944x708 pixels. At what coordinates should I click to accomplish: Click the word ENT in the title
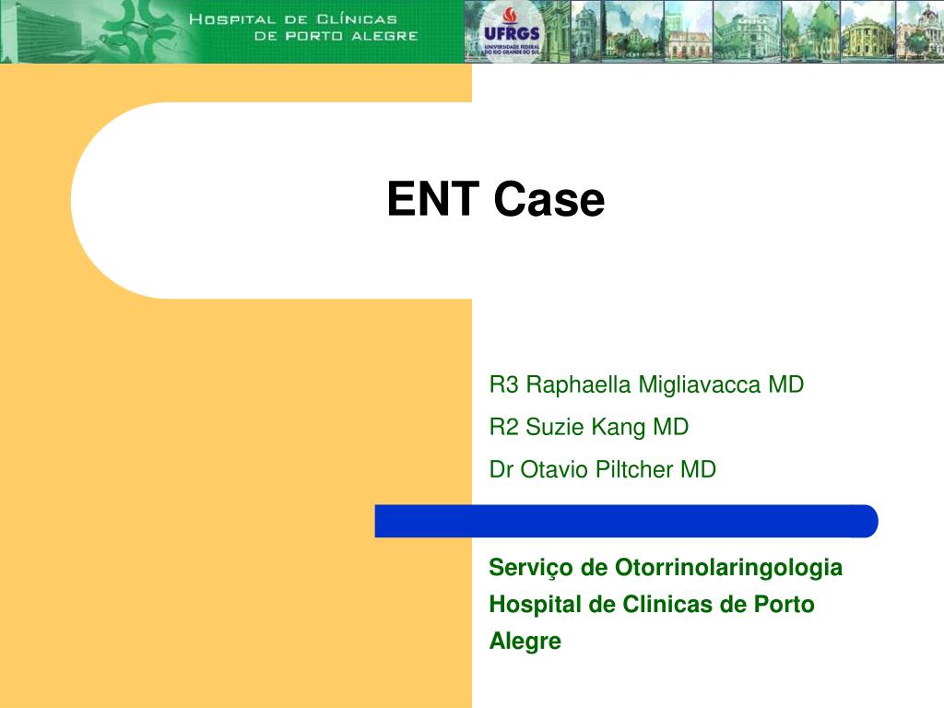435,199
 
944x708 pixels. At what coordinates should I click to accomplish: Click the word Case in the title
549,199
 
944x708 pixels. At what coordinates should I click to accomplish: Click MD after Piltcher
699,469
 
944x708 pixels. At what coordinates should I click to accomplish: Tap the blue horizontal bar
627,521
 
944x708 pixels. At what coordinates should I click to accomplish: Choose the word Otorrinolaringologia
728,567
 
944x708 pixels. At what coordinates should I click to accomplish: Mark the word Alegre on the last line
525,641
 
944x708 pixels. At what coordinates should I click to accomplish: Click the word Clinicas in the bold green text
666,605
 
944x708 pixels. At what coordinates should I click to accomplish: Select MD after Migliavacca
786,384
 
